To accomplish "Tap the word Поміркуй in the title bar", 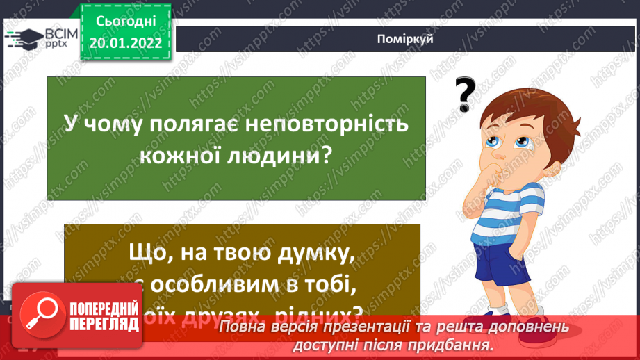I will (x=407, y=39).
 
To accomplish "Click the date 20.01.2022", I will (x=125, y=42).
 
